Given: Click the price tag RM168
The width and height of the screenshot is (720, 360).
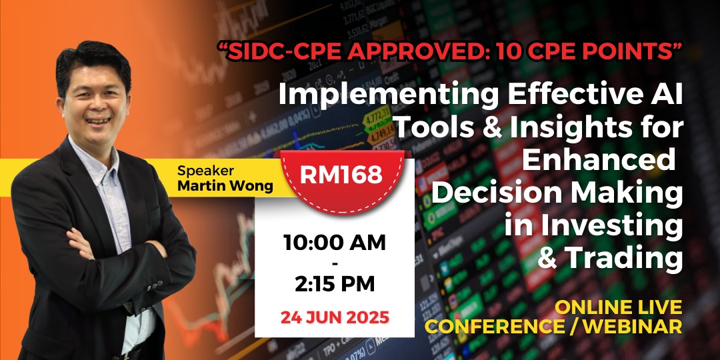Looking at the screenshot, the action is pyautogui.click(x=341, y=175).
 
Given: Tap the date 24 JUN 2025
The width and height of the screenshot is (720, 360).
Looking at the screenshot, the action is pyautogui.click(x=335, y=317).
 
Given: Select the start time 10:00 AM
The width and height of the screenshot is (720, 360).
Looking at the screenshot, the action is pyautogui.click(x=335, y=243).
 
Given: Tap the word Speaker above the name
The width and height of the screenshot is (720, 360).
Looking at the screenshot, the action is pyautogui.click(x=206, y=171).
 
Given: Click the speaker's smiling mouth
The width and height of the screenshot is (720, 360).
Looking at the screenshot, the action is pyautogui.click(x=98, y=120).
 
